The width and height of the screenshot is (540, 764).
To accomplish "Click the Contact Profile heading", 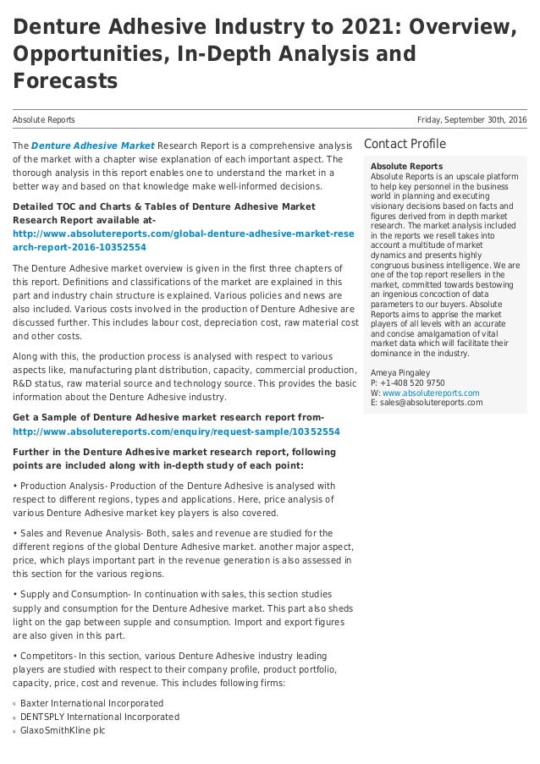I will tap(405, 144).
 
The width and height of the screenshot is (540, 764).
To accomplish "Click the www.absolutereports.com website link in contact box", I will tap(431, 393).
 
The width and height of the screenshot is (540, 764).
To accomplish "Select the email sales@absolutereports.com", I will tap(432, 403).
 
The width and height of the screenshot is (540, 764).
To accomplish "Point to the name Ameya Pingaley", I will tap(400, 372).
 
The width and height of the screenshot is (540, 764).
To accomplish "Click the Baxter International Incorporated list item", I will tap(91, 703).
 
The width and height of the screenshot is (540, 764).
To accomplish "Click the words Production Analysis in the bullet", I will tap(56, 486).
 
